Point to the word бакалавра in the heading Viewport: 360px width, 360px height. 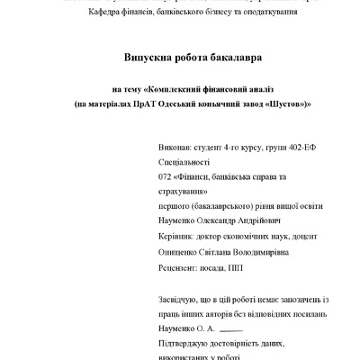pyautogui.click(x=233, y=57)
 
